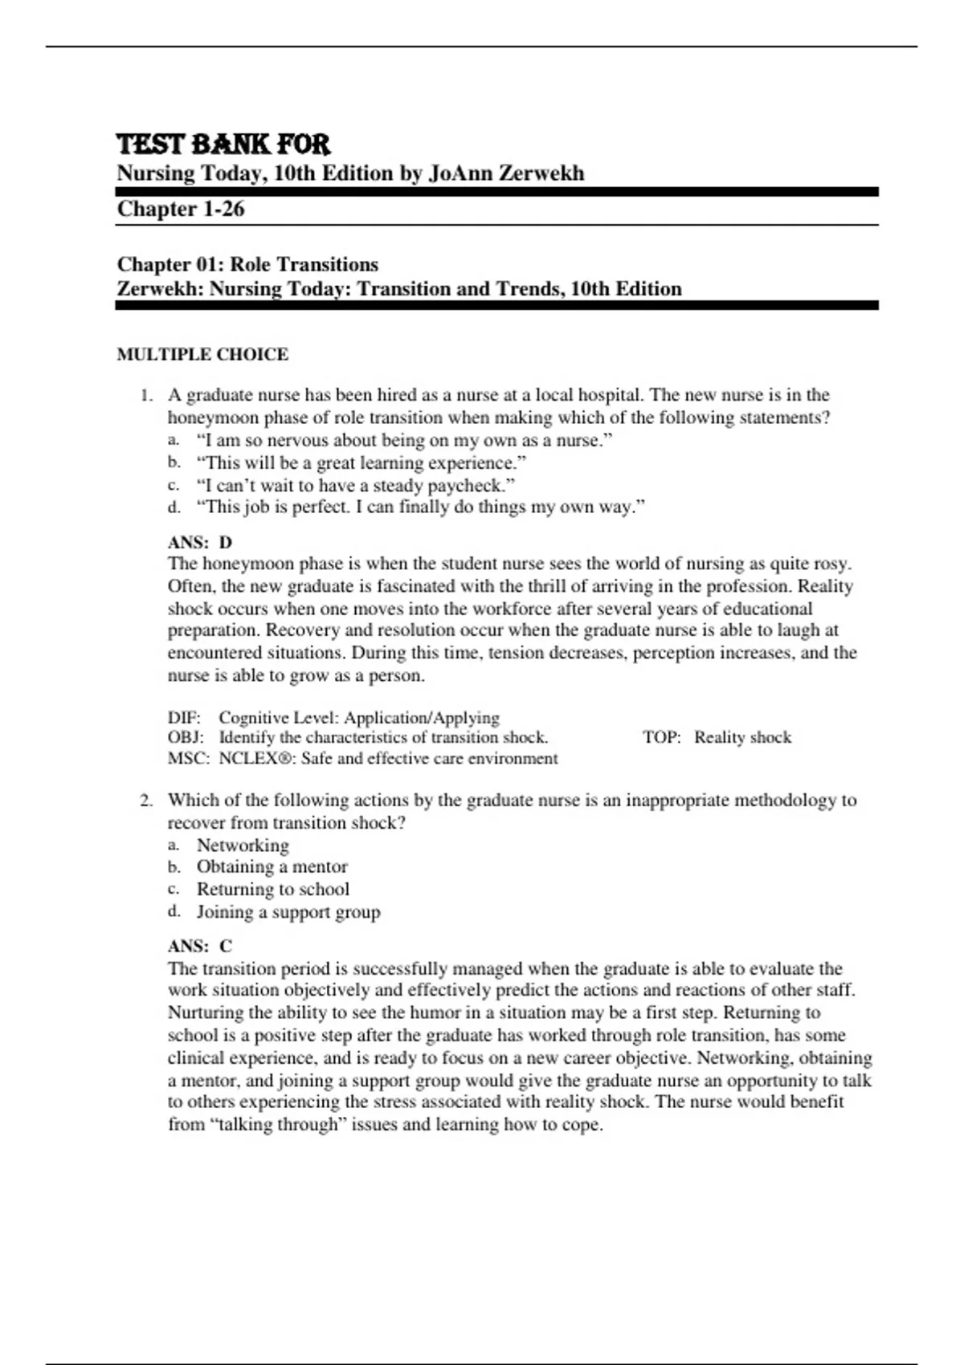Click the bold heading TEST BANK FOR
pyautogui.click(x=223, y=145)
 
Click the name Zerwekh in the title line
pyautogui.click(x=546, y=173)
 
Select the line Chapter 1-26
pyautogui.click(x=181, y=209)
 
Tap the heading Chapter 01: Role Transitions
pyautogui.click(x=247, y=264)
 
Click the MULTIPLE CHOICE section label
pyautogui.click(x=202, y=354)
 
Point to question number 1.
pyautogui.click(x=145, y=395)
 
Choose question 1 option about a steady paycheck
pyautogui.click(x=355, y=485)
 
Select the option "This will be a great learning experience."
pyautogui.click(x=361, y=462)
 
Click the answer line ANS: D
pyautogui.click(x=199, y=542)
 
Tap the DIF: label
pyautogui.click(x=184, y=717)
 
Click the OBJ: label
pyautogui.click(x=185, y=737)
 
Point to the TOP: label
pyautogui.click(x=661, y=737)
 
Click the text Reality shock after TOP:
pyautogui.click(x=742, y=737)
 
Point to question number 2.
pyautogui.click(x=145, y=801)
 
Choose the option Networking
pyautogui.click(x=243, y=845)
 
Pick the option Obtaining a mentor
pyautogui.click(x=272, y=866)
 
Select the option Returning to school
pyautogui.click(x=272, y=889)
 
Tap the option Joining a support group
pyautogui.click(x=288, y=911)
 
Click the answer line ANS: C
pyautogui.click(x=199, y=946)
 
